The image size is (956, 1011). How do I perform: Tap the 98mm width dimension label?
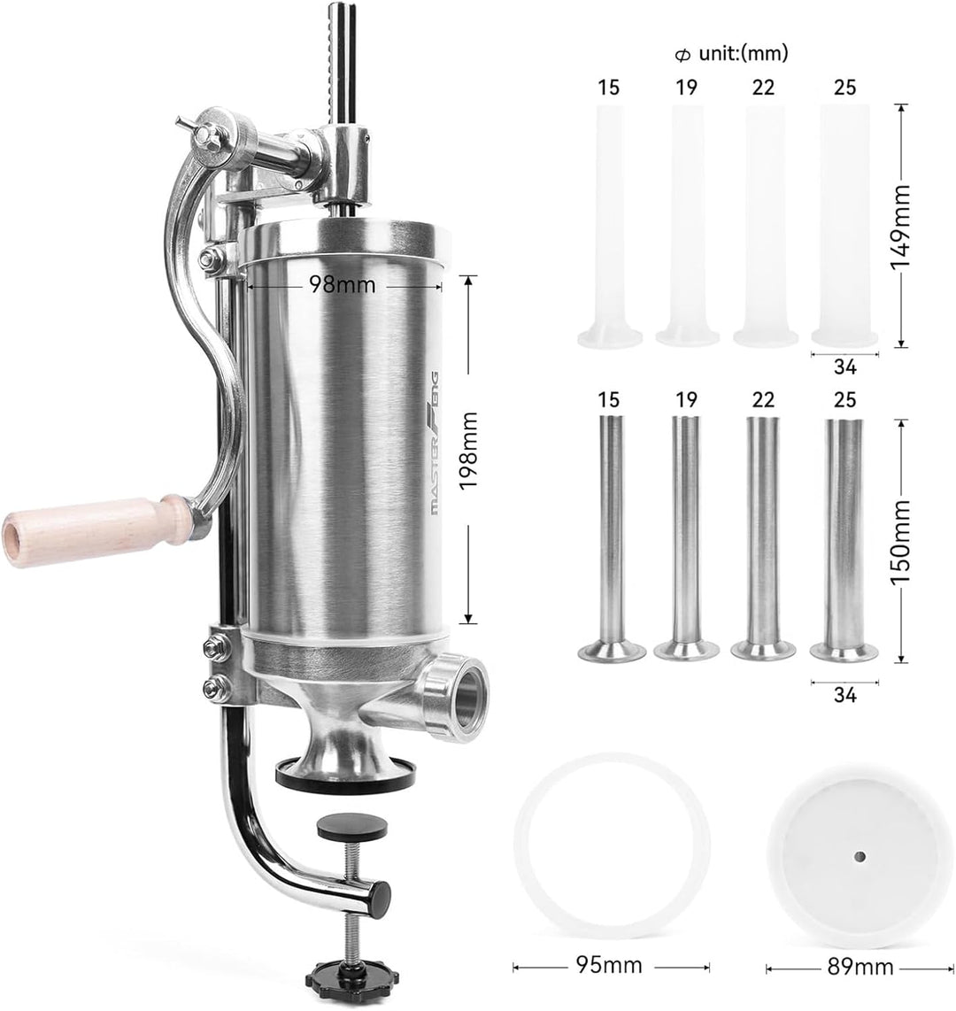pyautogui.click(x=342, y=284)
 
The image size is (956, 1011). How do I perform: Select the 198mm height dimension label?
pyautogui.click(x=468, y=450)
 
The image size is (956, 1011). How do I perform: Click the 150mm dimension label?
pyautogui.click(x=900, y=543)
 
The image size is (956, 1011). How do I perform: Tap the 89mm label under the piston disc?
pyautogui.click(x=860, y=967)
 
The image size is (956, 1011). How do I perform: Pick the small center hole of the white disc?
pyautogui.click(x=860, y=856)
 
